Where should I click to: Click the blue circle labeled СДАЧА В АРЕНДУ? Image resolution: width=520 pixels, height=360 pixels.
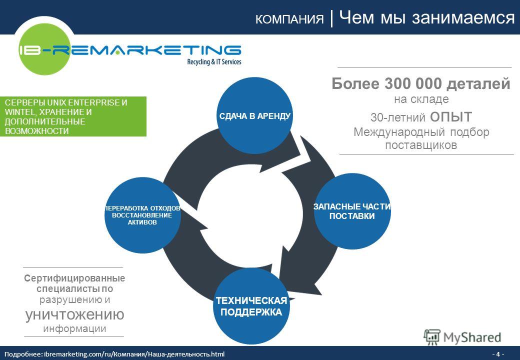(x=254, y=115)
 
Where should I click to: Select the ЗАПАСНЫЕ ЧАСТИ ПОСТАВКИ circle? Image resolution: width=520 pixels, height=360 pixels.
(x=352, y=211)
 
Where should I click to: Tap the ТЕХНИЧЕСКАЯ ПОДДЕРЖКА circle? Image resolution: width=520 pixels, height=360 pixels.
(x=251, y=306)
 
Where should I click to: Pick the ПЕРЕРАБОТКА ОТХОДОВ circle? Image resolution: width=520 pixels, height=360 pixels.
(x=142, y=215)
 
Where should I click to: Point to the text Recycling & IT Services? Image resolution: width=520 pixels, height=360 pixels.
(x=214, y=61)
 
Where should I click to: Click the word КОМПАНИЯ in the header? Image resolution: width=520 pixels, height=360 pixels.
(x=289, y=19)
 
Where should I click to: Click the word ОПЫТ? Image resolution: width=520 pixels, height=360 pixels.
(x=451, y=117)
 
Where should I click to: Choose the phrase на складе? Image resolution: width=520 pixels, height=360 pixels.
(x=421, y=99)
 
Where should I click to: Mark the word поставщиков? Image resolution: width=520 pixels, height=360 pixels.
(x=421, y=145)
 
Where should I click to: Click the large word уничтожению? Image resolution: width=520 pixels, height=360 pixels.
(x=74, y=314)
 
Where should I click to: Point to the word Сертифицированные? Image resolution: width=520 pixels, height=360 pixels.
(x=74, y=278)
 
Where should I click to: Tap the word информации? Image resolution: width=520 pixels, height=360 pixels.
(x=74, y=328)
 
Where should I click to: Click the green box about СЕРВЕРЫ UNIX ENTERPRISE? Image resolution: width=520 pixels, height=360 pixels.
(x=73, y=116)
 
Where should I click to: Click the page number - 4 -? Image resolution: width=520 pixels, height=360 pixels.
(x=498, y=354)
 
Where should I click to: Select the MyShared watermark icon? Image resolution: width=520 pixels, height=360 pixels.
(x=432, y=337)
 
